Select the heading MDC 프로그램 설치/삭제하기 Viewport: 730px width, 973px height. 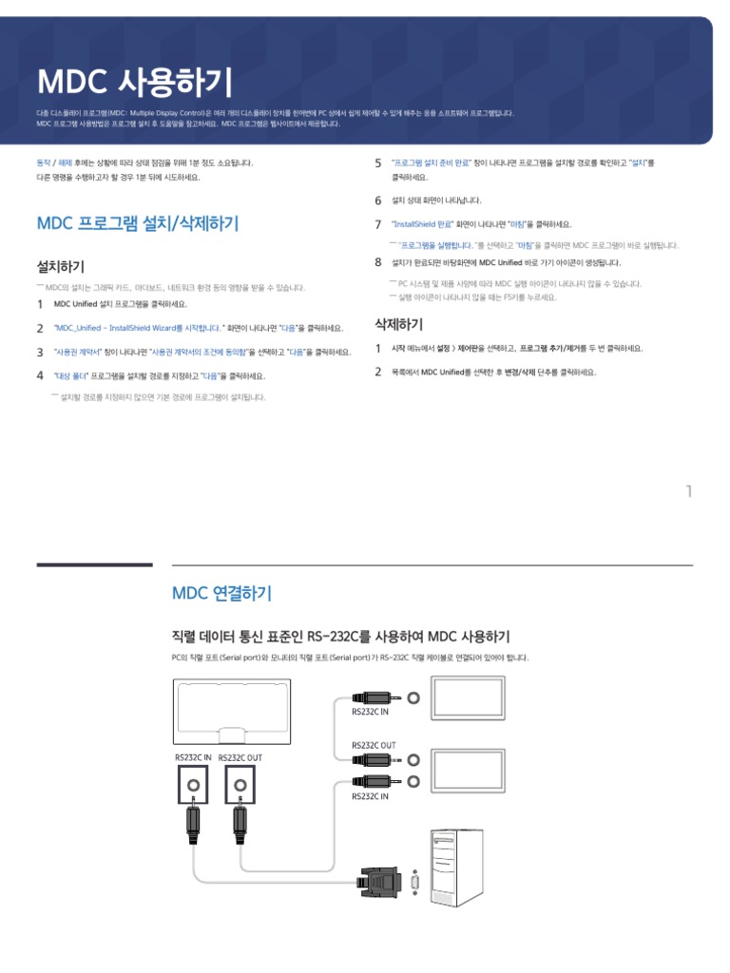138,224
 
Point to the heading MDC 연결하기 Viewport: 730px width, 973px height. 221,594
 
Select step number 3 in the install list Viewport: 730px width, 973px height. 40,352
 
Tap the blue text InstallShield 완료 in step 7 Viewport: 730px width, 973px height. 422,224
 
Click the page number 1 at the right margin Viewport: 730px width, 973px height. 688,491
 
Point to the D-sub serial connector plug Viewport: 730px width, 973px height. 389,883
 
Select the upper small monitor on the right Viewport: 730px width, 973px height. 469,699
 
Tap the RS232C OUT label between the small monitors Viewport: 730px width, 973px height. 374,746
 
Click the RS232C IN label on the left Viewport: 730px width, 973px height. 194,757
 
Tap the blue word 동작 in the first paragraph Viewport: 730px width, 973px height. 43,163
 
